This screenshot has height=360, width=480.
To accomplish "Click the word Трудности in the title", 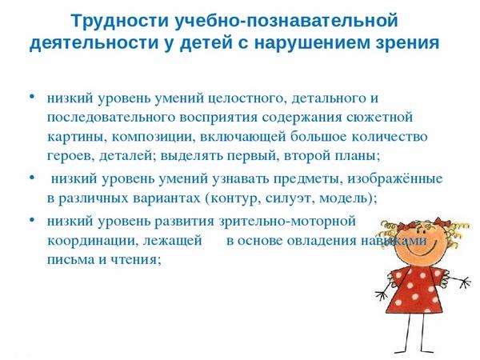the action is pyautogui.click(x=120, y=21).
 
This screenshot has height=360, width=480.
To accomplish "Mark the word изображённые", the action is pyautogui.click(x=395, y=179).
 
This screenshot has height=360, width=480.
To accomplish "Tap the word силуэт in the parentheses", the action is pyautogui.click(x=290, y=198).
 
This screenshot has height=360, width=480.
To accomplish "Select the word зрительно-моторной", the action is pyautogui.click(x=287, y=221).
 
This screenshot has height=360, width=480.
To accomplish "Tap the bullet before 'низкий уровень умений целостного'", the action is pyautogui.click(x=32, y=97).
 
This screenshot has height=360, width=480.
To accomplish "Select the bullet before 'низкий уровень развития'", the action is pyautogui.click(x=32, y=219).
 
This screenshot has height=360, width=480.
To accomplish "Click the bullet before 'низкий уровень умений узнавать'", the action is pyautogui.click(x=32, y=178).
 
